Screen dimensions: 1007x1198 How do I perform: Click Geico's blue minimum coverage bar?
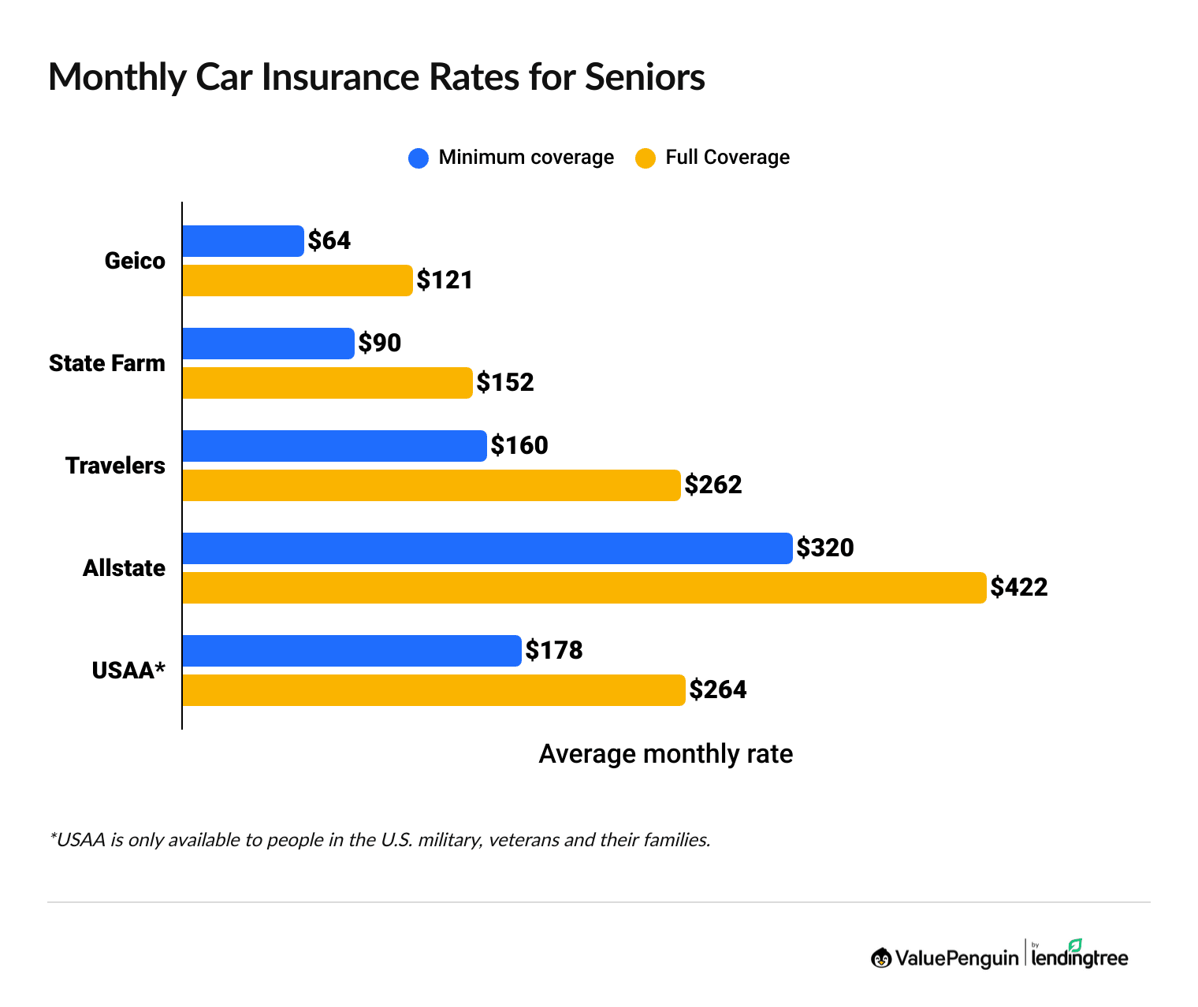[243, 241]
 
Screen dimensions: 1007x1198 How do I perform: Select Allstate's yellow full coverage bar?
[583, 588]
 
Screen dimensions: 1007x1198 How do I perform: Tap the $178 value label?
[554, 650]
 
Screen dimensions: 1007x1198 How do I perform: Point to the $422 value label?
[1019, 587]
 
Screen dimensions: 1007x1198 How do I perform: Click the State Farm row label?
[107, 363]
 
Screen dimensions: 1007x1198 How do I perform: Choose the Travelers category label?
[115, 466]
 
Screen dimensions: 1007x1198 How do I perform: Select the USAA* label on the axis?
[128, 671]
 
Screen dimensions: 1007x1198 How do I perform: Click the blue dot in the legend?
[418, 158]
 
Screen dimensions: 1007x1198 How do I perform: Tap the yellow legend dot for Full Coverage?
[646, 158]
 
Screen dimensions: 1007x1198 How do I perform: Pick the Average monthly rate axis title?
[665, 754]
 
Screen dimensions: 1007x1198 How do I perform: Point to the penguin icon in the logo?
[881, 958]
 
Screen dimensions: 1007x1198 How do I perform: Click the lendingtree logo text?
[1080, 958]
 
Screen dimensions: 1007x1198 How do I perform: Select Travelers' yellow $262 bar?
[431, 485]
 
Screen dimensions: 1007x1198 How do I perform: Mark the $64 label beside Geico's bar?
[329, 240]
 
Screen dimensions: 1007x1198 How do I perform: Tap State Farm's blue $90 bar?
[268, 344]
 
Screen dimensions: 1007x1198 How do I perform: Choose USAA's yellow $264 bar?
[433, 690]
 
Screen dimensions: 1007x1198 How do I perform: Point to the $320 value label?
[825, 548]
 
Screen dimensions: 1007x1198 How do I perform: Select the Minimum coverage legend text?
[526, 158]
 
